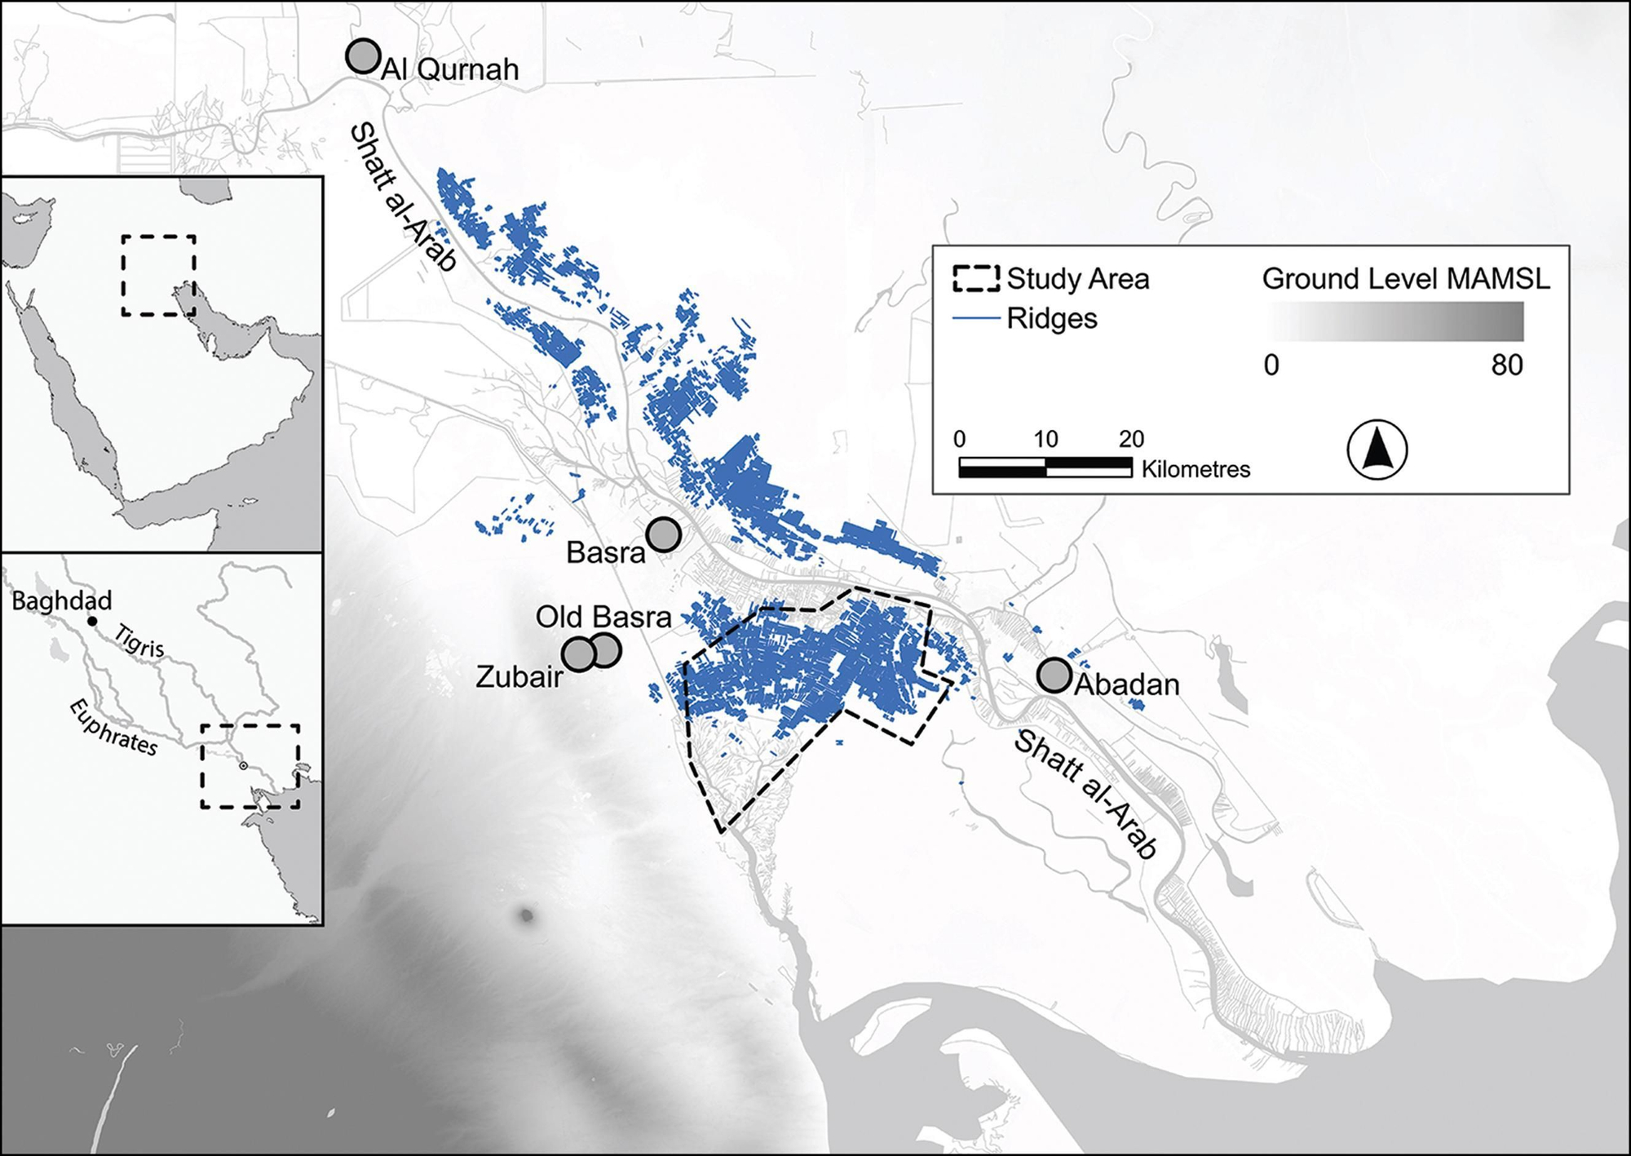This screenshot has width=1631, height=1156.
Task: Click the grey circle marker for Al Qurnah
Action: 363,56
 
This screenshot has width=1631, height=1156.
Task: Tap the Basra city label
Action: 606,553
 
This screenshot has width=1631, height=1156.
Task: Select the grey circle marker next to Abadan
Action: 1054,675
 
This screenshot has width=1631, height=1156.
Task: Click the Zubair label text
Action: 519,676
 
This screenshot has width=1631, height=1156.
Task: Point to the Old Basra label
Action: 603,617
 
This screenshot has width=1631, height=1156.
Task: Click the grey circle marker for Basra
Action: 664,535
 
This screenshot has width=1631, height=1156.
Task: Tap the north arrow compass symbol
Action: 1377,450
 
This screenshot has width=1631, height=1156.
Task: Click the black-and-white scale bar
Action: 1045,467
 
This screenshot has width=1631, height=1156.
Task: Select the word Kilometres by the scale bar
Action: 1196,469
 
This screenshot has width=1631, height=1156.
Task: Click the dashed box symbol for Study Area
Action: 976,278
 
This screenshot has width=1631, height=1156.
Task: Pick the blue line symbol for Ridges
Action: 976,318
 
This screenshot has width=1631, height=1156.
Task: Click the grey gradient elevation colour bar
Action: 1395,321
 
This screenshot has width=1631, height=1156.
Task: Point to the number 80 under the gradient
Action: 1506,365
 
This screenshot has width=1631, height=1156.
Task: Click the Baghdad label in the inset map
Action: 62,601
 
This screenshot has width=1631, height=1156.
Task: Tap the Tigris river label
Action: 140,641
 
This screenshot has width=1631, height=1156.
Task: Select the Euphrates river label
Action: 113,727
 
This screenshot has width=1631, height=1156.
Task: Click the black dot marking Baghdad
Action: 92,622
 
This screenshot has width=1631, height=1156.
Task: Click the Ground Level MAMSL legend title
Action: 1406,279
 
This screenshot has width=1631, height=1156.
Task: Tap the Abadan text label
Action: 1127,684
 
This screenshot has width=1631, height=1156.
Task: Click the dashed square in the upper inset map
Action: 158,276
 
